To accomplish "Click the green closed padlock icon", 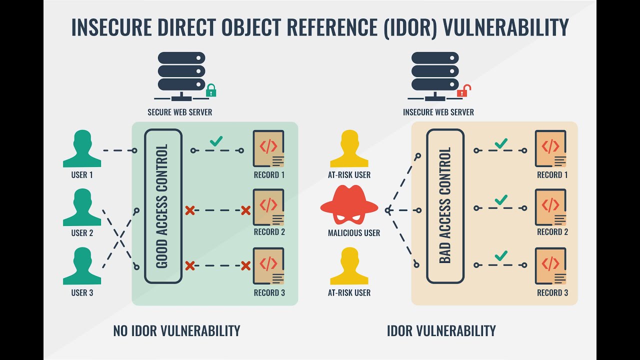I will tap(211, 90).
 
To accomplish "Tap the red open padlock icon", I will tap(463, 91).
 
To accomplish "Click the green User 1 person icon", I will tap(82, 148).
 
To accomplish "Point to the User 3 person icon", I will tap(82, 265).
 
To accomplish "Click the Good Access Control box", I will tap(163, 206).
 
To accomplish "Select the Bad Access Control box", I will tap(445, 206).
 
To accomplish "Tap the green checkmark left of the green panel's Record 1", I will tap(216, 141).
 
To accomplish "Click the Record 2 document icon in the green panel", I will tap(268, 207).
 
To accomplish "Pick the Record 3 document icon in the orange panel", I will tap(550, 265).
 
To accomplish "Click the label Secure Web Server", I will tap(180, 112).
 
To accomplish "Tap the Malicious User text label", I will tap(354, 233).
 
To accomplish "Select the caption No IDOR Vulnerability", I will tap(177, 330).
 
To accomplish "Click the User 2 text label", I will tap(82, 233).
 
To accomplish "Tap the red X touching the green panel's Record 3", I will tap(245, 265).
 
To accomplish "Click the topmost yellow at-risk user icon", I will tap(349, 148).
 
